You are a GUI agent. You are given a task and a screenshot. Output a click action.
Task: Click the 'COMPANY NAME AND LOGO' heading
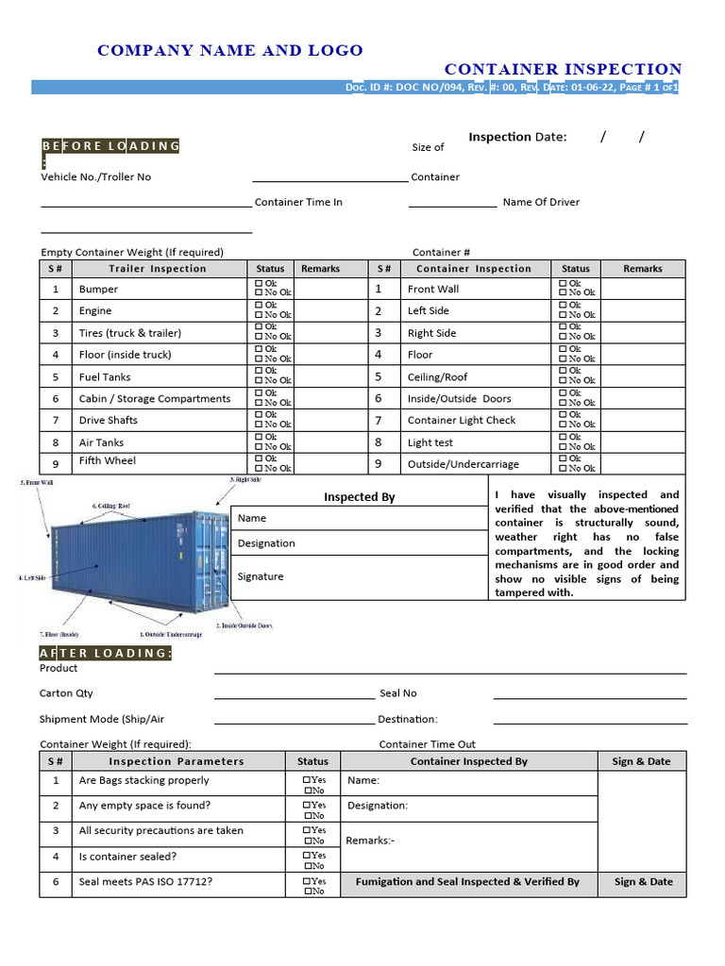[x=229, y=51]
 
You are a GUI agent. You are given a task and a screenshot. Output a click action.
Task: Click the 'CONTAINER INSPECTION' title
[x=563, y=69]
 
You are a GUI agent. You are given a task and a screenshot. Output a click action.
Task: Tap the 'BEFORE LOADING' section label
[x=110, y=146]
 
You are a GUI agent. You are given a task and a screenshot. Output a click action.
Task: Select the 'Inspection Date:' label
[x=517, y=137]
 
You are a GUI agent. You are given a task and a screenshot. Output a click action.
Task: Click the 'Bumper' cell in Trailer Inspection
[x=98, y=290]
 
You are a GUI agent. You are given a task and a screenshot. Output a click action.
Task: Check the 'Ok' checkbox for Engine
[x=259, y=306]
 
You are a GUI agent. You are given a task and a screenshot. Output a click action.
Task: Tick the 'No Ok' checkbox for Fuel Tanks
[x=259, y=381]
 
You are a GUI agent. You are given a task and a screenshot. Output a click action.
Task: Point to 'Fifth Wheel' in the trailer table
[x=108, y=461]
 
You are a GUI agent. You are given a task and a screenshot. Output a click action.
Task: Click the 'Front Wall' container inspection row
[x=433, y=290]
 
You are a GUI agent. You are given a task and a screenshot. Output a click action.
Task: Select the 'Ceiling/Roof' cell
[x=437, y=377]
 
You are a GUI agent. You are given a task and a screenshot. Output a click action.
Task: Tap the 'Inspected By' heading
[x=360, y=497]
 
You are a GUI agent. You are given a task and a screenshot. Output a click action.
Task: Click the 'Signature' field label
[x=261, y=576]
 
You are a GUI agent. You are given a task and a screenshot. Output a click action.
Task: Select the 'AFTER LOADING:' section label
[x=106, y=654]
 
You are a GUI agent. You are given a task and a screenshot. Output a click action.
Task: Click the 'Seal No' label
[x=397, y=693]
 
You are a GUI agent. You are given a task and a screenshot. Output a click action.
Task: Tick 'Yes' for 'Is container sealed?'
[x=307, y=856]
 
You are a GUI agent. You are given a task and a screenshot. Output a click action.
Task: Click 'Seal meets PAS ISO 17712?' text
[x=145, y=882]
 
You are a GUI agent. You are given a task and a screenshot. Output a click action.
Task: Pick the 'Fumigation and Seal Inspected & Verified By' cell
[x=467, y=882]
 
